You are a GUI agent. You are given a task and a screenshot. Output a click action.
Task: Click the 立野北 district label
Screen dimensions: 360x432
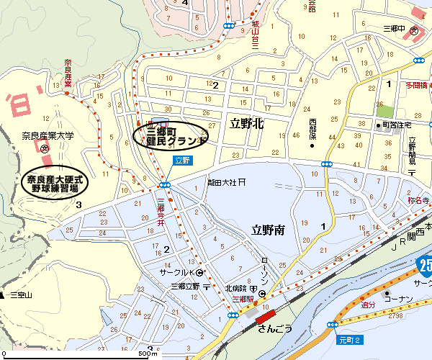coord(246,123)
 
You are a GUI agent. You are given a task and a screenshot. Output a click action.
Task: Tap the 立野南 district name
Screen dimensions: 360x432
coord(268,230)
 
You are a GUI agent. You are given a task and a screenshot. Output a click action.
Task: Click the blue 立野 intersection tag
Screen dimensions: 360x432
coord(183,161)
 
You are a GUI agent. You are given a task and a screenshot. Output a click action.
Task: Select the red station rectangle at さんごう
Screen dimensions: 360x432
coord(265,315)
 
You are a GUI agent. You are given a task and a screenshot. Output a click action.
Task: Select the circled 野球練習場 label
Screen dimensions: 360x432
coord(55,183)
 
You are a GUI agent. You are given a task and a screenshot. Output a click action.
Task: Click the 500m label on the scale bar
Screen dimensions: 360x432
coord(148,354)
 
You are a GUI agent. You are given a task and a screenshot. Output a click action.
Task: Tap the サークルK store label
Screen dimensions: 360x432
coord(177,272)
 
